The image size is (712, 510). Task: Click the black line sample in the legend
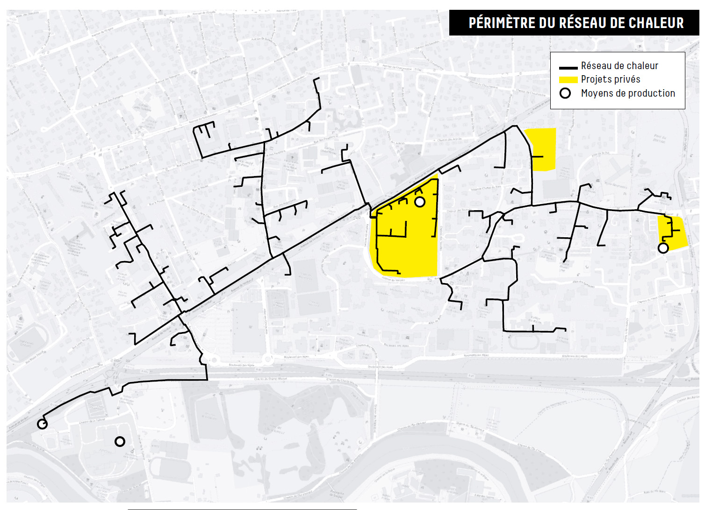point(568,68)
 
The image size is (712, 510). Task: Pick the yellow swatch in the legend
point(568,80)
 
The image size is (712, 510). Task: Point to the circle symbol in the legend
point(565,93)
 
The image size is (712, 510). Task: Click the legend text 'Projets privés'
point(610,79)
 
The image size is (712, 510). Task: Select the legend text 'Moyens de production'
point(628,93)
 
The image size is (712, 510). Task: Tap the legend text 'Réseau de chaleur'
point(619,66)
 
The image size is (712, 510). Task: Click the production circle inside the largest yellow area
point(420,202)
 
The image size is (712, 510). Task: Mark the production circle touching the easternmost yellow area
point(663,248)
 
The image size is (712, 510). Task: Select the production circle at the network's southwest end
point(42,424)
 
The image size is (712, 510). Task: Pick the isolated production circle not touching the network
point(120,441)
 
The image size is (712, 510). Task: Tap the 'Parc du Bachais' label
point(659,139)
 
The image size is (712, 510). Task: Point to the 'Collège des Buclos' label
point(536,319)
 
